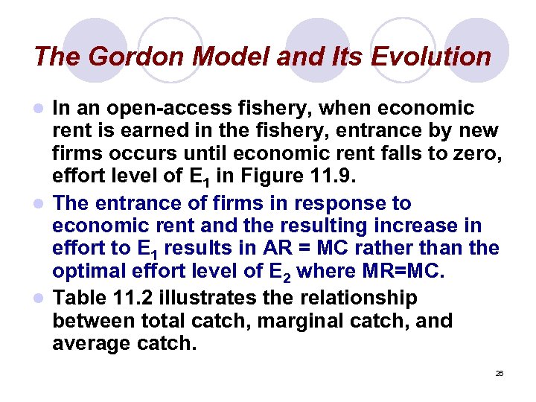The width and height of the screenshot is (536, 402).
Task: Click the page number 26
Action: (500, 372)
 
